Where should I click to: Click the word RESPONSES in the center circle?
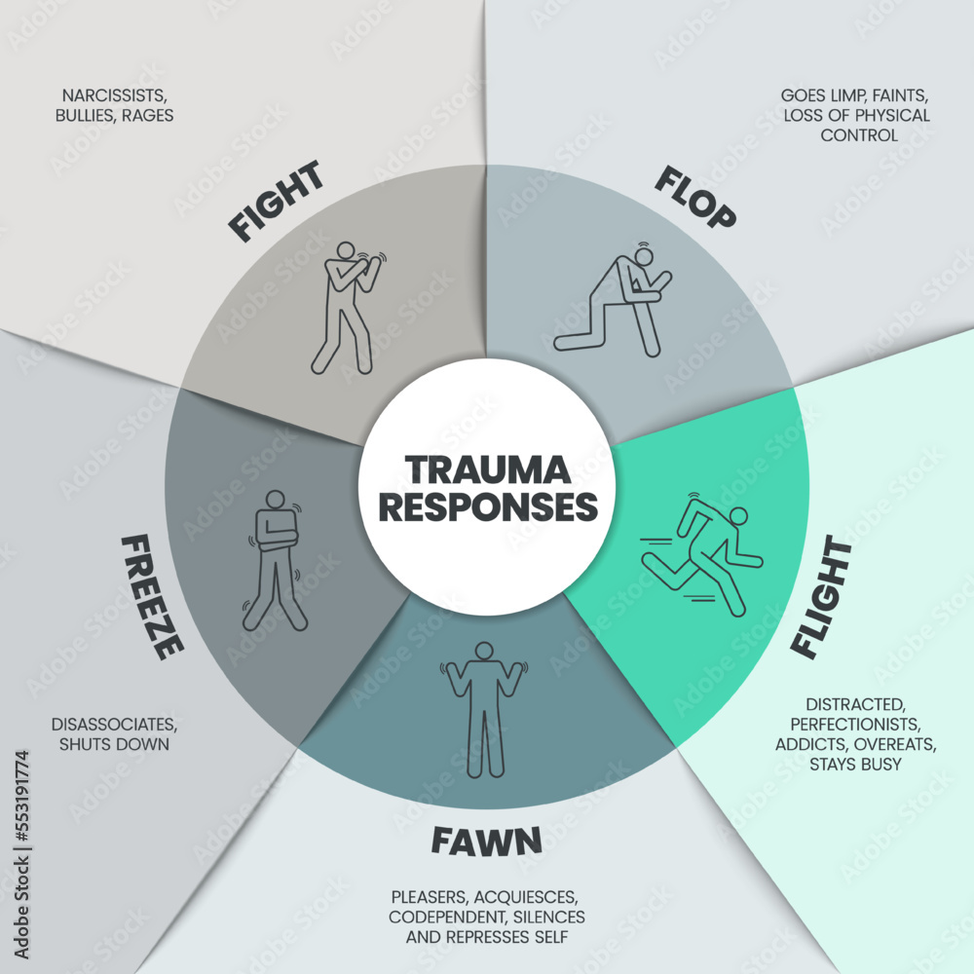click(x=487, y=507)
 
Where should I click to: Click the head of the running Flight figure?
click(x=738, y=515)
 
